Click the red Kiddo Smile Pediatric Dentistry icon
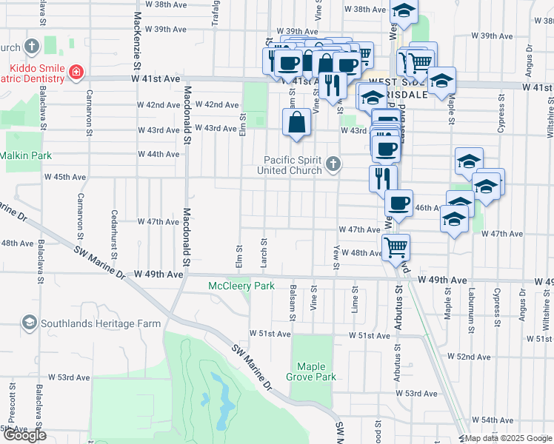coord(76,73)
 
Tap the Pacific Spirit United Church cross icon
coord(333,164)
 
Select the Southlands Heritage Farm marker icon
coord(29,323)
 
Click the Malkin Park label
coord(26,155)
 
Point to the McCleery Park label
coord(241,286)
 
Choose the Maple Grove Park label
coord(316,371)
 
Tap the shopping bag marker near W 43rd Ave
coord(296,123)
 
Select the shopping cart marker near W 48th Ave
coord(396,246)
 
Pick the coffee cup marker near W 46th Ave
coord(398,203)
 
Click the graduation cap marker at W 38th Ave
coord(404,10)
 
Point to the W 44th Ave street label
coord(158,154)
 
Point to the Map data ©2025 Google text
coord(507,438)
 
